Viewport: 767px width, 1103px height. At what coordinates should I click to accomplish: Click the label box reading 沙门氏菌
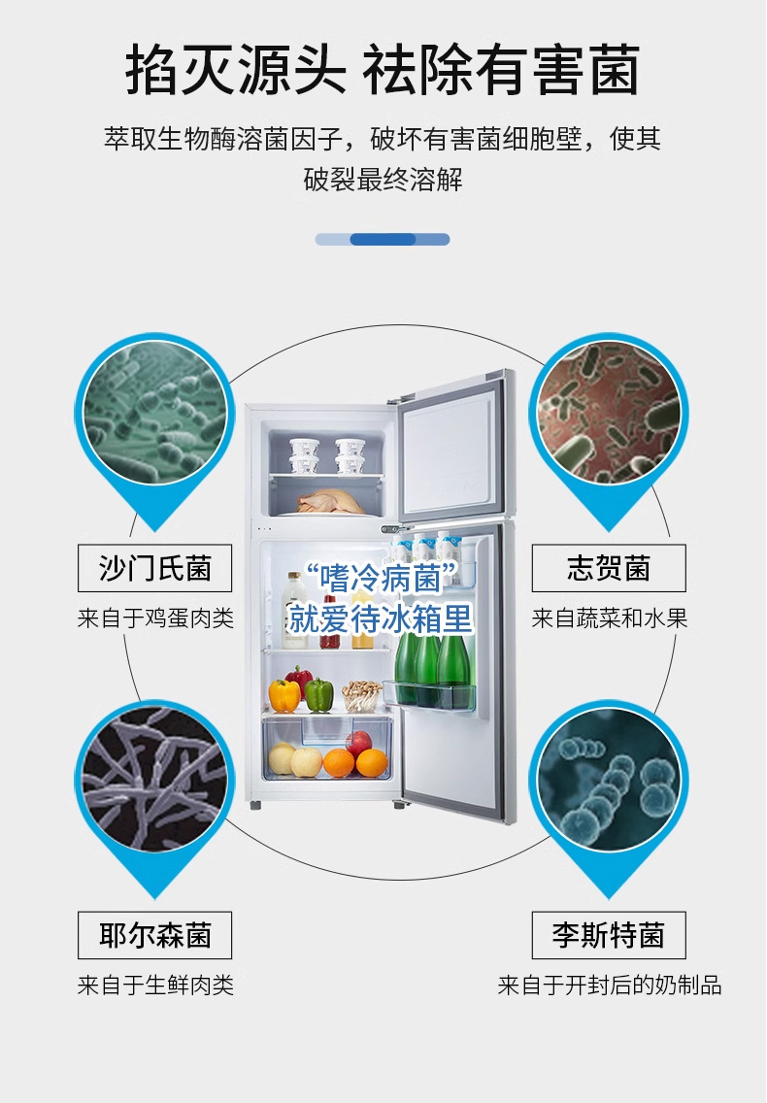coord(154,568)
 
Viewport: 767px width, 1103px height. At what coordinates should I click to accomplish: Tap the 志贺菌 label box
coord(609,568)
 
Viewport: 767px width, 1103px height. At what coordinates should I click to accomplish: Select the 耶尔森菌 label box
coord(154,936)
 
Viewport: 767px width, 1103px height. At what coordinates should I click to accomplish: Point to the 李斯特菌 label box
coord(609,936)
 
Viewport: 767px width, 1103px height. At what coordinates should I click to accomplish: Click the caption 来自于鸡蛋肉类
coord(155,618)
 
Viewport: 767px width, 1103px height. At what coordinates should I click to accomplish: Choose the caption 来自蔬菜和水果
coord(610,618)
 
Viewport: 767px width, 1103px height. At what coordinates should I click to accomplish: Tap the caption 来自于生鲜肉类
coord(155,986)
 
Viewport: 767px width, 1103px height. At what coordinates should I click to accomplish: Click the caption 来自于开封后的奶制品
coord(610,986)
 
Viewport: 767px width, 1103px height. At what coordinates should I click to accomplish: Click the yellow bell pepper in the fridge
coord(284,695)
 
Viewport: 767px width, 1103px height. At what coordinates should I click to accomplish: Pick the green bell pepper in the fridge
coord(319,694)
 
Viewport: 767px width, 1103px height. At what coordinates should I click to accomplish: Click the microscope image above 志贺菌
coord(609,411)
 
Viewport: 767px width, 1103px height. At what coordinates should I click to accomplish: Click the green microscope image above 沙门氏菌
coord(154,411)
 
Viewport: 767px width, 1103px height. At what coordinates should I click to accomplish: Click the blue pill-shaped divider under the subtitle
coord(383,239)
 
